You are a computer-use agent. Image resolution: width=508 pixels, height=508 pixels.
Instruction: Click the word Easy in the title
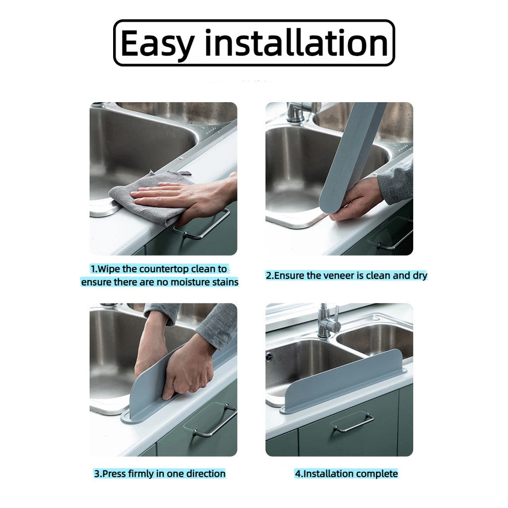coord(158,44)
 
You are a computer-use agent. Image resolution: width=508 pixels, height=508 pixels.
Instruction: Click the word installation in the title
coord(296,43)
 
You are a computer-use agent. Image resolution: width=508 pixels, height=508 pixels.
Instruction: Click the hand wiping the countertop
coord(193,196)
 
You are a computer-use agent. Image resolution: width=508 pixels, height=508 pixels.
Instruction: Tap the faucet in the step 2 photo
coord(297,112)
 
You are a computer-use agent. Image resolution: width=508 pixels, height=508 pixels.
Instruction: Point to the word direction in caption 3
coord(205,474)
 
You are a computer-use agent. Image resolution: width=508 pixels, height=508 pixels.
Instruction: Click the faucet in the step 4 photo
coord(327,322)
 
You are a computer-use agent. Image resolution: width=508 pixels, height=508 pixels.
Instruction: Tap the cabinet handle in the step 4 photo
coord(353,423)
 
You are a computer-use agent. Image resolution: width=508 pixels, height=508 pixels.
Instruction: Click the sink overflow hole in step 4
coord(269,356)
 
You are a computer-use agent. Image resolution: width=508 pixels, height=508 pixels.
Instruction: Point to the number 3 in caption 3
coord(97,474)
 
